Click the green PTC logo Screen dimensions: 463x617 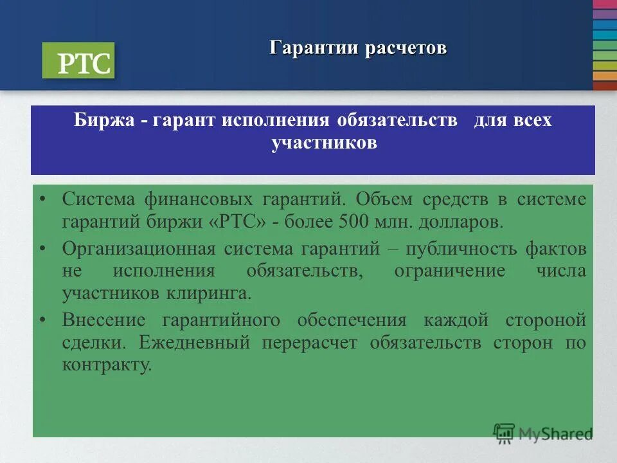pos(78,60)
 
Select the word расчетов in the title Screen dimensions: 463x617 pos(406,48)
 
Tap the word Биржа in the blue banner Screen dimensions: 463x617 pos(103,121)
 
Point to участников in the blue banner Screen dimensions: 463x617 pos(324,143)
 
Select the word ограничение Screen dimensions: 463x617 pos(450,271)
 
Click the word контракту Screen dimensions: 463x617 pos(107,365)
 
